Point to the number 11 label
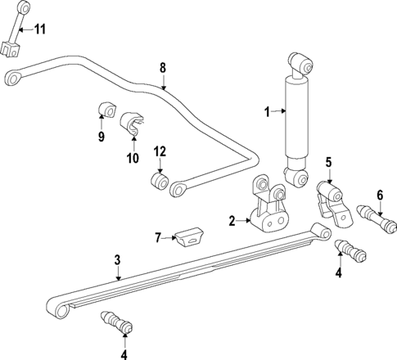39,29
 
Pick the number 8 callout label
162,67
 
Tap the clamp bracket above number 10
134,125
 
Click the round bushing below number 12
160,179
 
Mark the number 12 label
160,151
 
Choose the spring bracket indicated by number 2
268,211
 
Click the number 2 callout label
232,220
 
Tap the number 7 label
159,238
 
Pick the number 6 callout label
379,195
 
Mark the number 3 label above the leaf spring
117,259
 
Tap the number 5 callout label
328,163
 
